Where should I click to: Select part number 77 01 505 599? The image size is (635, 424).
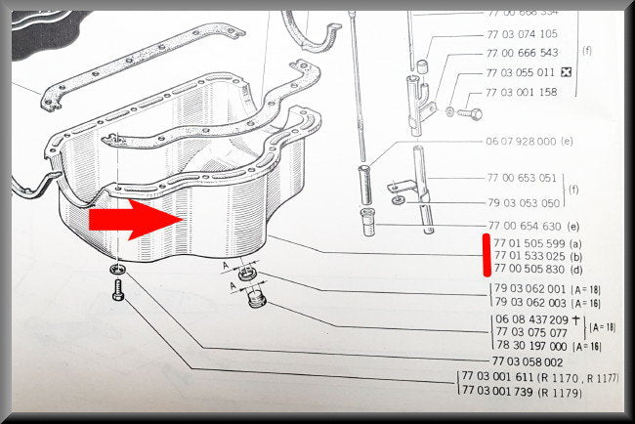(x=529, y=243)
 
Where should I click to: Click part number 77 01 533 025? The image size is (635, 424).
(x=529, y=256)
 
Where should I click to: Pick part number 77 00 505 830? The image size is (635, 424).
(x=529, y=269)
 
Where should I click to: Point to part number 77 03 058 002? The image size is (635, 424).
(x=528, y=361)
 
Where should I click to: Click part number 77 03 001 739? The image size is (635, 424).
(x=497, y=391)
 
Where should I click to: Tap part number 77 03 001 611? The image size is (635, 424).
(x=497, y=377)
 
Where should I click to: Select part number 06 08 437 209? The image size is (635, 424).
(x=531, y=319)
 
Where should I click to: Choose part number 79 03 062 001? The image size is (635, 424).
(x=529, y=289)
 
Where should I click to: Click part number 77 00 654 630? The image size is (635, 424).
(x=525, y=226)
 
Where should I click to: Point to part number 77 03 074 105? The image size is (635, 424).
(x=522, y=34)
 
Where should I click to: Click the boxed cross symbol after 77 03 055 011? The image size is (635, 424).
(x=566, y=72)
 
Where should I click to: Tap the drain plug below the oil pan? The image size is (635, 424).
(x=256, y=298)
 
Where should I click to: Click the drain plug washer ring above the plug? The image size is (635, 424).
(x=247, y=275)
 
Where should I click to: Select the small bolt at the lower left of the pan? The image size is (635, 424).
(x=118, y=290)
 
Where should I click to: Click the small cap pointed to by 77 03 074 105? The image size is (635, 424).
(x=422, y=66)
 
